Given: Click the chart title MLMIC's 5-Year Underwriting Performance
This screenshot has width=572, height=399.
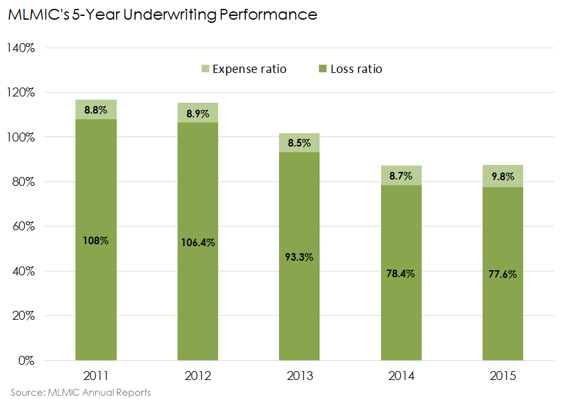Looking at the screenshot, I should [x=162, y=15].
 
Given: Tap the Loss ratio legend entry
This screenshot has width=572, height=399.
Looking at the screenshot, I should [x=356, y=69].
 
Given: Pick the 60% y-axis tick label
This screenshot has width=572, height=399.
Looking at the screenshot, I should [x=24, y=226].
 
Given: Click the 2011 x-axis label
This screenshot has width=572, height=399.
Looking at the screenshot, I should [x=96, y=376].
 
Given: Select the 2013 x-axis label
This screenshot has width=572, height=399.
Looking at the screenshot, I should [x=299, y=376].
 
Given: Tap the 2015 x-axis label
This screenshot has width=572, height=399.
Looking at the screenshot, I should [x=503, y=376].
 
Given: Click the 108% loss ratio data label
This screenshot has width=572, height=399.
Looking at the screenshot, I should [x=96, y=240].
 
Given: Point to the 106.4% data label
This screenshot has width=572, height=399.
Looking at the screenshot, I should [x=198, y=242].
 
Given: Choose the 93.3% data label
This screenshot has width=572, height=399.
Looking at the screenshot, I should [x=299, y=257].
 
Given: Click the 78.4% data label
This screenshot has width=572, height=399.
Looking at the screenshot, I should [x=401, y=273].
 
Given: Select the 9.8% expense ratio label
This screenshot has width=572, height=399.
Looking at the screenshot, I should [x=503, y=177].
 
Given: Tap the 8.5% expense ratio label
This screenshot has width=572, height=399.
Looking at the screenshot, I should [x=299, y=143].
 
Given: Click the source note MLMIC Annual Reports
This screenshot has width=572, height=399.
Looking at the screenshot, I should [x=81, y=392].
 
